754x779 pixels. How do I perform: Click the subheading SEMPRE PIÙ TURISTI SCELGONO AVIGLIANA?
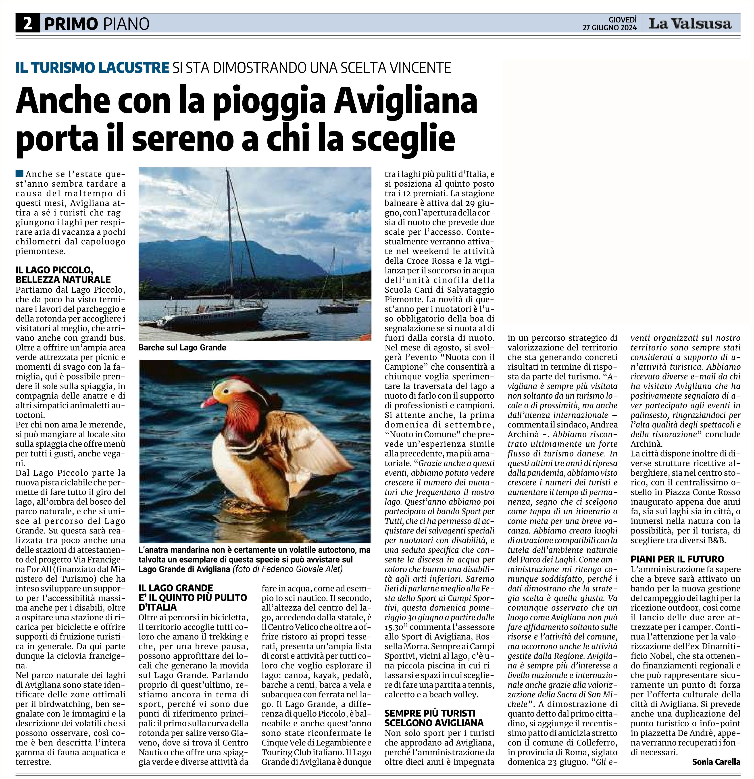pos(434,718)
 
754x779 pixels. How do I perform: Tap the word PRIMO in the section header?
pos(71,24)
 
